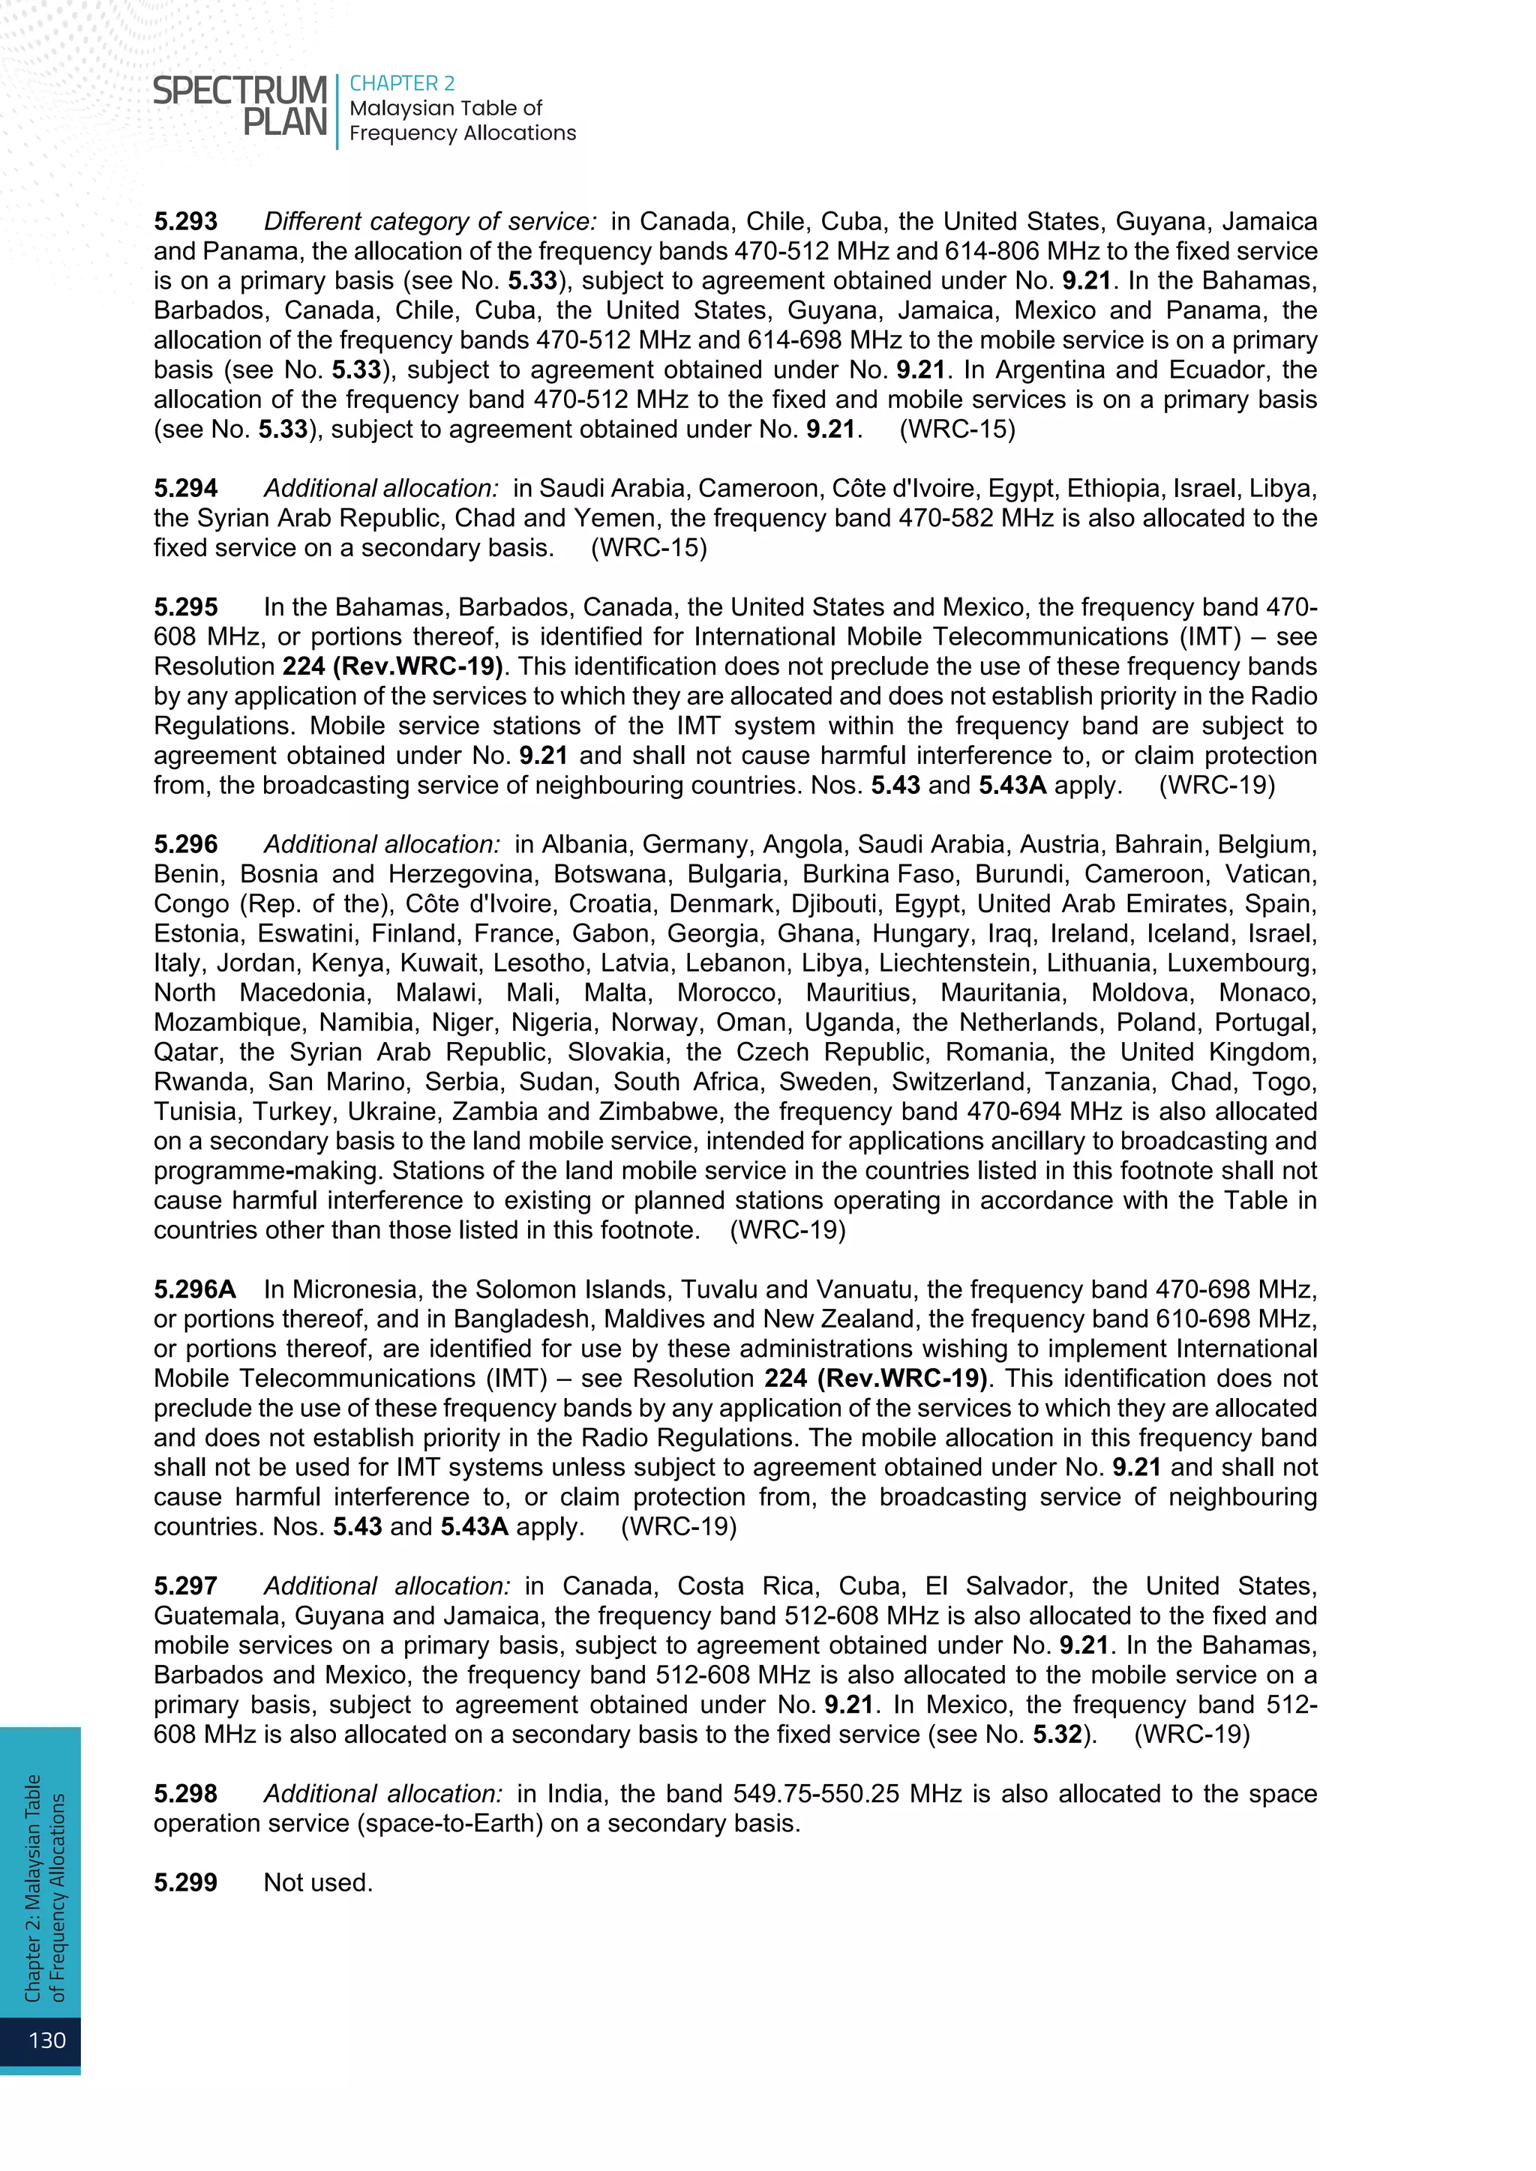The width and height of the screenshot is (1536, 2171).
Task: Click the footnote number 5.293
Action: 185,221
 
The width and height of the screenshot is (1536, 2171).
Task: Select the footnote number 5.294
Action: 185,488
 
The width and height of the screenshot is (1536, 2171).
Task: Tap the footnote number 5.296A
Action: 195,1289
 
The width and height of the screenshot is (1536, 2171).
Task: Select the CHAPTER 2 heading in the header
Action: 402,83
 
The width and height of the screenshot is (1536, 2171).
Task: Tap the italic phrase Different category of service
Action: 430,221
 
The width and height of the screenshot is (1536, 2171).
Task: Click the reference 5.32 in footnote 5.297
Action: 1057,1733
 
